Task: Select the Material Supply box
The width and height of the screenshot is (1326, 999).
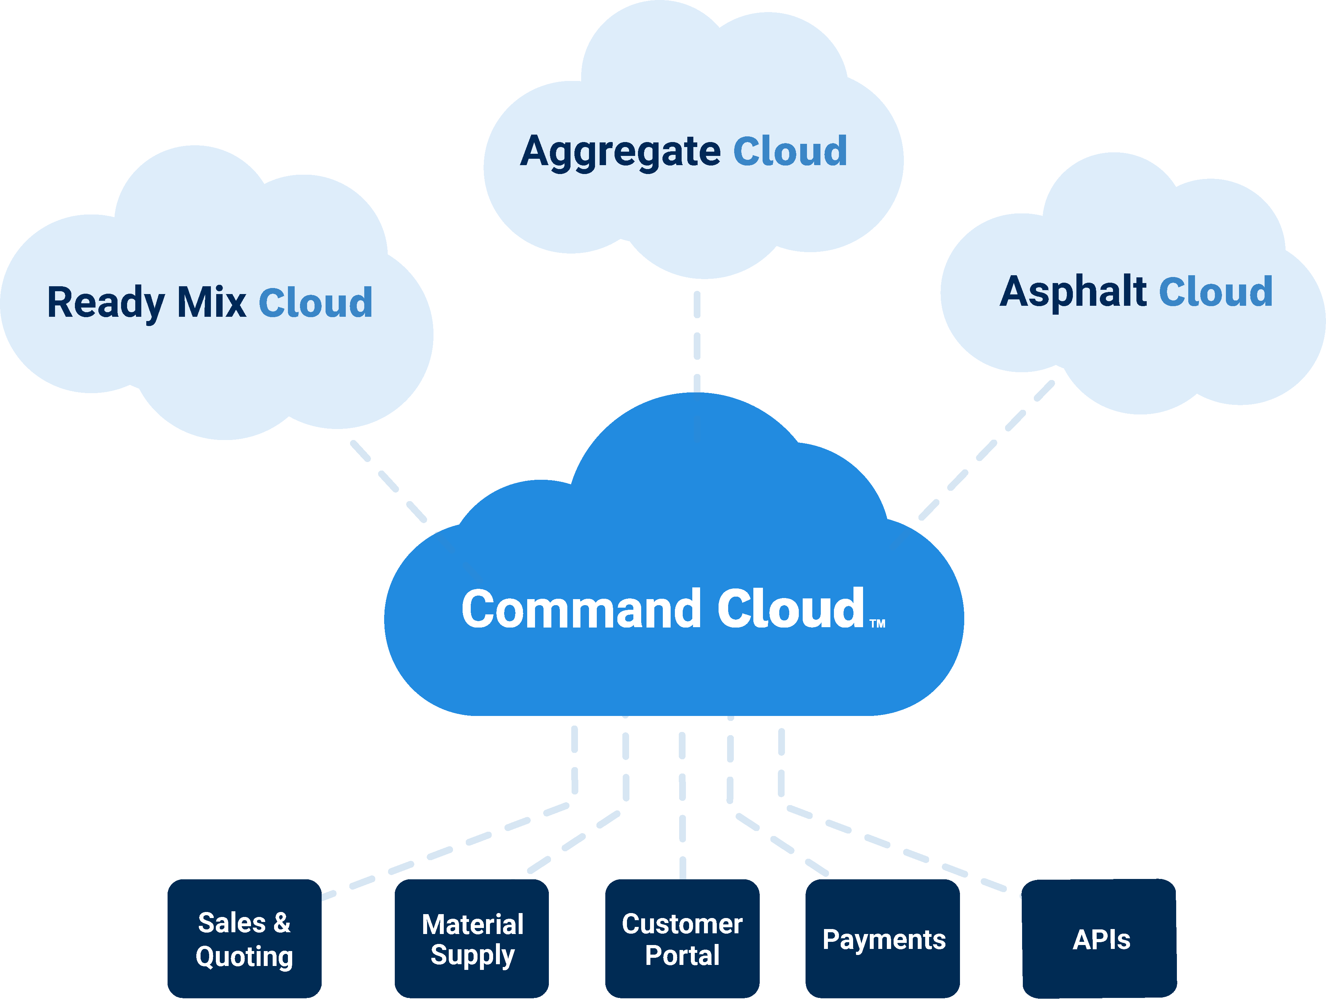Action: [x=472, y=938]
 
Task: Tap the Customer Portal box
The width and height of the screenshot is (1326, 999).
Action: [x=682, y=938]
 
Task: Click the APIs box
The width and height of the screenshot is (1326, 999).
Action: [x=1099, y=938]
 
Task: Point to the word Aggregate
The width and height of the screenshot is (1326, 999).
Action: [x=621, y=151]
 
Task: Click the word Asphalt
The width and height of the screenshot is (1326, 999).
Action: [x=1073, y=292]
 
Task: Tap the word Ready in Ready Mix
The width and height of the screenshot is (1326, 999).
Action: [x=105, y=303]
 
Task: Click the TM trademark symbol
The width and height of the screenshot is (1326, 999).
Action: [x=878, y=624]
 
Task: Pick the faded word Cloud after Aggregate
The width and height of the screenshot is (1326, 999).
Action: [x=790, y=151]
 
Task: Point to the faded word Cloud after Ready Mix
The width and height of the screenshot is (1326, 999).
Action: [x=316, y=303]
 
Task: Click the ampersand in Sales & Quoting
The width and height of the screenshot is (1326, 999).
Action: [x=282, y=923]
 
